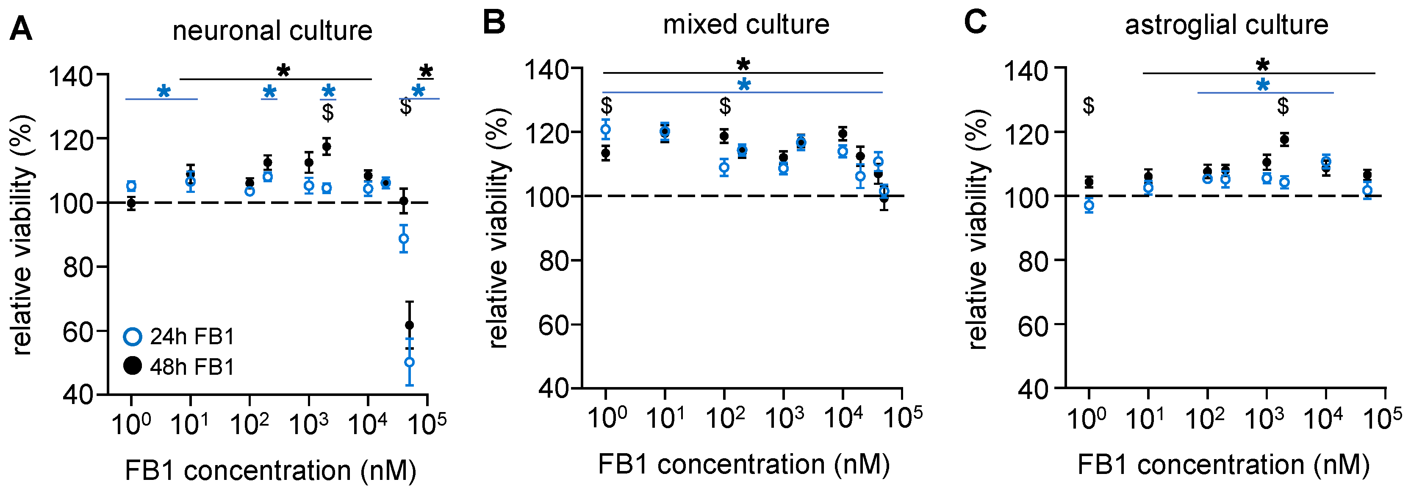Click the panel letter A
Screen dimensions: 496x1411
click(x=21, y=28)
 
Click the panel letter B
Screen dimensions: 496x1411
click(x=493, y=23)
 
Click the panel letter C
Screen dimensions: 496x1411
click(x=975, y=23)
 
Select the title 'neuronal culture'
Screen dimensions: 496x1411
click(x=272, y=31)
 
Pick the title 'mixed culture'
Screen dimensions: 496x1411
click(x=746, y=25)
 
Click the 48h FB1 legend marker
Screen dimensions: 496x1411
click(x=133, y=365)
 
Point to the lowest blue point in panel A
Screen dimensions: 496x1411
click(x=409, y=362)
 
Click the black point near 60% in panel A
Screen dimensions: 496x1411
click(x=409, y=325)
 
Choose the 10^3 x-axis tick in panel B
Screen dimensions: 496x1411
click(x=784, y=419)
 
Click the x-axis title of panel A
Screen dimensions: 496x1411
click(x=271, y=470)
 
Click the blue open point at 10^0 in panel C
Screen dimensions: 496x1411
click(x=1089, y=206)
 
